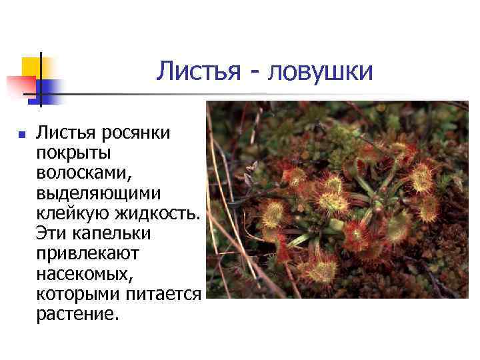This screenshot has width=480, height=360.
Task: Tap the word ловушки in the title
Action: pyautogui.click(x=320, y=72)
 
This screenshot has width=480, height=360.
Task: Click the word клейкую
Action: pyautogui.click(x=73, y=214)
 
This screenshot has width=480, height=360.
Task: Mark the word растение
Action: pyautogui.click(x=77, y=314)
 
